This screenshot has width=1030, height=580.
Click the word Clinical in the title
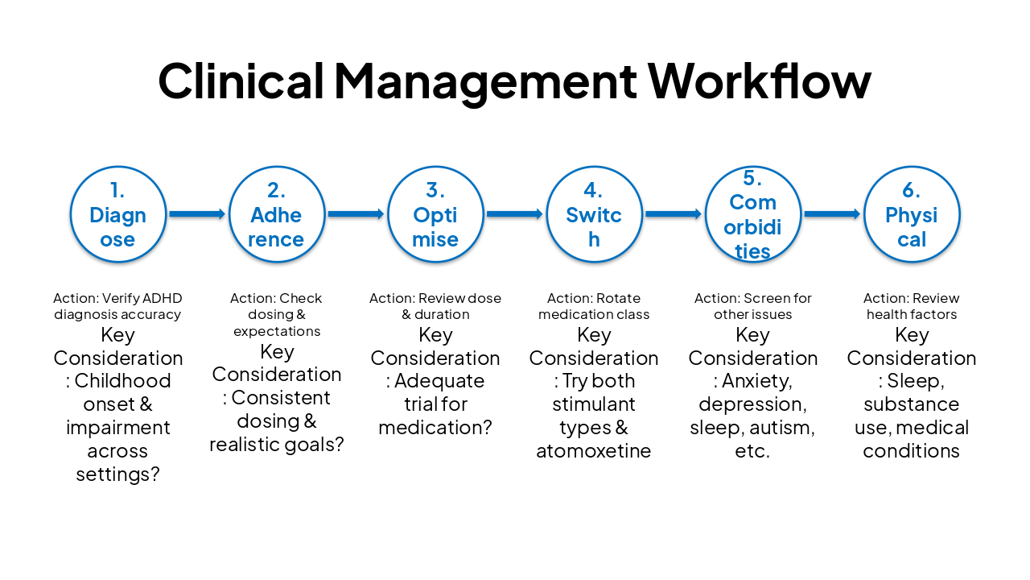point(240,81)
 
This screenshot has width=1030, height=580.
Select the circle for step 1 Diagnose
point(117,214)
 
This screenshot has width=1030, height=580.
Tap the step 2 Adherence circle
point(276,214)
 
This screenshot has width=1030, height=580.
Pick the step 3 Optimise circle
point(435,214)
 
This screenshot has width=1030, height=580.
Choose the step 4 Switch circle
point(594,214)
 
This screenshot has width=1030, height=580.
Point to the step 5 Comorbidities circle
point(752,214)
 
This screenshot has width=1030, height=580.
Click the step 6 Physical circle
point(911,214)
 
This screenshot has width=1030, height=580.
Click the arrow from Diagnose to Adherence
point(197,214)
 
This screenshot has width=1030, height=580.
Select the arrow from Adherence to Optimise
point(356,214)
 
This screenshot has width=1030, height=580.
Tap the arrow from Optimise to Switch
point(515,214)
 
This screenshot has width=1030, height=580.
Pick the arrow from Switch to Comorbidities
point(674,214)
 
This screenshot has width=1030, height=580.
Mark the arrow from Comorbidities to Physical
point(832,214)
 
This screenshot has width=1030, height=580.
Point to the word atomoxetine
point(594,450)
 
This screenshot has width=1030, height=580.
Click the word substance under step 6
point(911,404)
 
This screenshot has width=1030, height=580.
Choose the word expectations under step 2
point(277,331)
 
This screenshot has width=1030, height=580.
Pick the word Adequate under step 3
point(439,380)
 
